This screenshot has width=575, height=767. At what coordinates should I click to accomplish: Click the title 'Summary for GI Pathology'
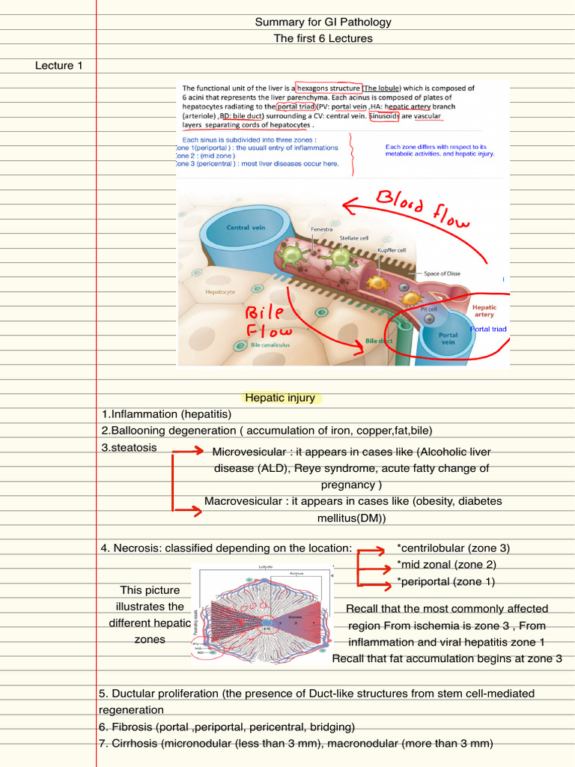pyautogui.click(x=323, y=22)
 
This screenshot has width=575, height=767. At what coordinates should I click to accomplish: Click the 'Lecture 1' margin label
pyautogui.click(x=59, y=66)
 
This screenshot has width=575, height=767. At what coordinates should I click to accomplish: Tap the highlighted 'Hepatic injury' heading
pyautogui.click(x=280, y=398)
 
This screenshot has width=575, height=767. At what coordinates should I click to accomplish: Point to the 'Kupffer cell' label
pyautogui.click(x=392, y=250)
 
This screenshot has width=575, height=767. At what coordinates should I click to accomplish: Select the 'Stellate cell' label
pyautogui.click(x=354, y=237)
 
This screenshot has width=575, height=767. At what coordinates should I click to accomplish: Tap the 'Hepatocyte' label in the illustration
pyautogui.click(x=221, y=291)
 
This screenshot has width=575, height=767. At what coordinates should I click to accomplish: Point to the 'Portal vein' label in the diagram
pyautogui.click(x=448, y=339)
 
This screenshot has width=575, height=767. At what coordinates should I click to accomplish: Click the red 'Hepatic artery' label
pyautogui.click(x=484, y=311)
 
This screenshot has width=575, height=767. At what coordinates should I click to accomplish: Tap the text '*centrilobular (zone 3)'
pyautogui.click(x=453, y=548)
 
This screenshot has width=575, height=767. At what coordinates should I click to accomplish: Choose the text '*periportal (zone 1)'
pyautogui.click(x=445, y=581)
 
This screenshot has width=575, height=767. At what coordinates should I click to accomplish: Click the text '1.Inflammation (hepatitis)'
pyautogui.click(x=167, y=414)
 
